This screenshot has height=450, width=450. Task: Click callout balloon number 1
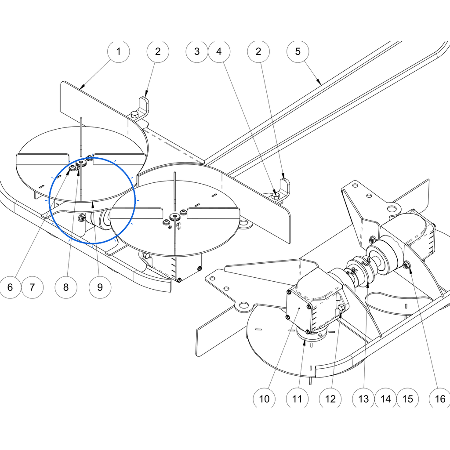119,52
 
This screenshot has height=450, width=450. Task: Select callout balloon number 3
197,52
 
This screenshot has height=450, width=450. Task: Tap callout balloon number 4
219,52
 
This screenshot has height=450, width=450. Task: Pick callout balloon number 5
298,52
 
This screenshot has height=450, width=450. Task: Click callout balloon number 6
10,287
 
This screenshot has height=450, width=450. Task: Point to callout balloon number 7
32,287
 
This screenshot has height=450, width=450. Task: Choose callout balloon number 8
66,287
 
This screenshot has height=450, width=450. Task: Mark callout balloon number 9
100,287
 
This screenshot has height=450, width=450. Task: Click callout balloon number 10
264,399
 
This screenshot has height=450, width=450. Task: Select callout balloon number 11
298,399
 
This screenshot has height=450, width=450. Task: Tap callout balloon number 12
330,399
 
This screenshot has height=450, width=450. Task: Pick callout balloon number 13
363,399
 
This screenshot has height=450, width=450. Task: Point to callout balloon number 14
385,399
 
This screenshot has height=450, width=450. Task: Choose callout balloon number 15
407,399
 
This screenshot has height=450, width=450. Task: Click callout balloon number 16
440,399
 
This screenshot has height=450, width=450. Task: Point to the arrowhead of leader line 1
81,87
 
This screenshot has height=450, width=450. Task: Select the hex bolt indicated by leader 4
275,196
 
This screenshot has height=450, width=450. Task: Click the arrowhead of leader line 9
93,204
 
